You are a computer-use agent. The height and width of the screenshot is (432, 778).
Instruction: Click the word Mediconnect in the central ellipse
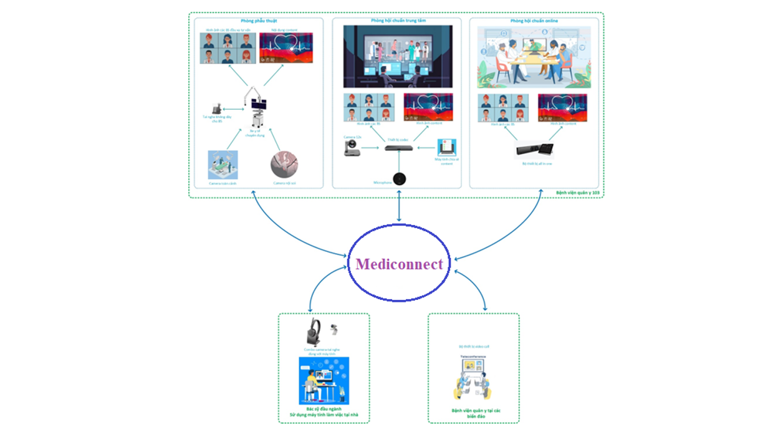399,264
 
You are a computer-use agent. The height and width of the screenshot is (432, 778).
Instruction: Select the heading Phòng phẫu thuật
255,21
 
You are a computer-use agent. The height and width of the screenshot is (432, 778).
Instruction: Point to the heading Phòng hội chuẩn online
534,21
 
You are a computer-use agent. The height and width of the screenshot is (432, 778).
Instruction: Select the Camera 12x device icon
352,148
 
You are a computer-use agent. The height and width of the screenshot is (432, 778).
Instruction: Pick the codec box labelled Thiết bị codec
398,148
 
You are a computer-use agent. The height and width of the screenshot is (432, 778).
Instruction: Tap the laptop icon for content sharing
446,148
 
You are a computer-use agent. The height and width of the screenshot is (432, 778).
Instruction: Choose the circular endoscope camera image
284,165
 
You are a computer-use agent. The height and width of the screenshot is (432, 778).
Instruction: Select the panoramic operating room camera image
223,165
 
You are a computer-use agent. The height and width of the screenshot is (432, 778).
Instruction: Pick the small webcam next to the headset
335,329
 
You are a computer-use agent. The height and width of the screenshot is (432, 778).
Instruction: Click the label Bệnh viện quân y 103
579,193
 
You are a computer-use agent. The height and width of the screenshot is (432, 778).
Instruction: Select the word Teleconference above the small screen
473,357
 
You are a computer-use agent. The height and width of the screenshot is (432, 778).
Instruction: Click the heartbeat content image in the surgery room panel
286,48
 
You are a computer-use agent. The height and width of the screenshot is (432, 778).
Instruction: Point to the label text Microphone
382,183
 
